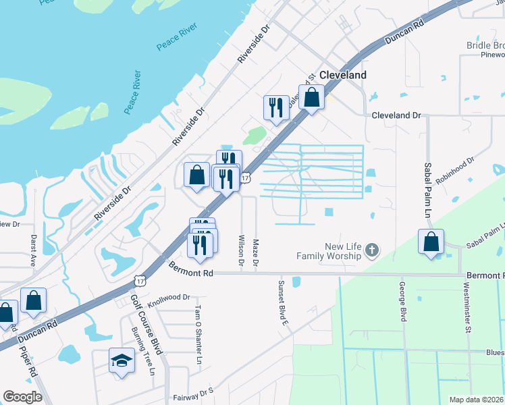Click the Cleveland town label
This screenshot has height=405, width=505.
[343, 75]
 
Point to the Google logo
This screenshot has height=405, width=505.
[22, 397]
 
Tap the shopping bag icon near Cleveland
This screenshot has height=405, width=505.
[312, 97]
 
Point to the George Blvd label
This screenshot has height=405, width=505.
[402, 301]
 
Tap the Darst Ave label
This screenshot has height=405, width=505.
[32, 250]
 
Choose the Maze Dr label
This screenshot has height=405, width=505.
[255, 253]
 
